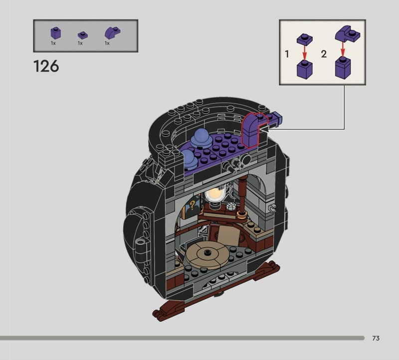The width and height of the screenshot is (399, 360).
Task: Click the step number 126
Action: [x=46, y=66]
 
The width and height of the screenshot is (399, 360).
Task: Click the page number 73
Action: [x=376, y=338]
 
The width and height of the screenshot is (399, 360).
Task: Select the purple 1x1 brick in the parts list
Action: [x=56, y=33]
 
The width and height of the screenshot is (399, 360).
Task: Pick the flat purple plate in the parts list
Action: [x=83, y=35]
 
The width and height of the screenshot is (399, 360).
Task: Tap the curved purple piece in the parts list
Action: [x=113, y=33]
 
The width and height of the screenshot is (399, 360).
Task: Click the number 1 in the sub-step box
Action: [x=287, y=54]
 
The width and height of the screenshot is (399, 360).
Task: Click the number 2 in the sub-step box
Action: [x=324, y=54]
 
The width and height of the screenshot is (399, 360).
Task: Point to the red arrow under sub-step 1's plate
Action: [x=305, y=52]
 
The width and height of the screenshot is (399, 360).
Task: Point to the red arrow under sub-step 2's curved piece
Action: [x=343, y=49]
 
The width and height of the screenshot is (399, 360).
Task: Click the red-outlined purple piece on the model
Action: [x=251, y=130]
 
